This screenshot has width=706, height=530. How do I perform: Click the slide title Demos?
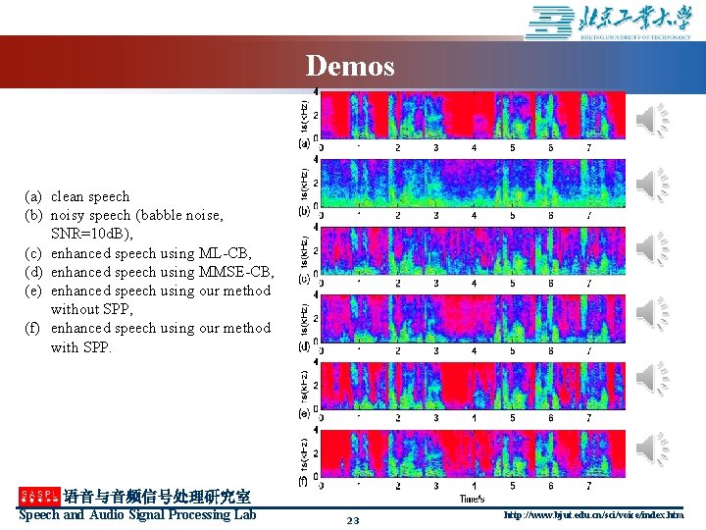[350, 66]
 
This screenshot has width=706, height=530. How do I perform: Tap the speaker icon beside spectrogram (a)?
[651, 121]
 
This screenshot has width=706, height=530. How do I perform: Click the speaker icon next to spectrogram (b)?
[651, 185]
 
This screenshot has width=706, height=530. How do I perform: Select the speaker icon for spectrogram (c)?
[651, 248]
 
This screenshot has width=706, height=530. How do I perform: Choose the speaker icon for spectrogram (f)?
[651, 447]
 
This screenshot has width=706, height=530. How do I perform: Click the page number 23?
[353, 520]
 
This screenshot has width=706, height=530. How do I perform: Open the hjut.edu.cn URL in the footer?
[593, 515]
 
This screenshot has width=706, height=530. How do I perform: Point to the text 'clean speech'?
[90, 196]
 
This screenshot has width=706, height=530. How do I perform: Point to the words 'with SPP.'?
[81, 346]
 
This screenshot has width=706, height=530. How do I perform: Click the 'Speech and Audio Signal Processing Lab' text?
[137, 515]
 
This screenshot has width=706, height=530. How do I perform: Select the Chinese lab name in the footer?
[157, 498]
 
